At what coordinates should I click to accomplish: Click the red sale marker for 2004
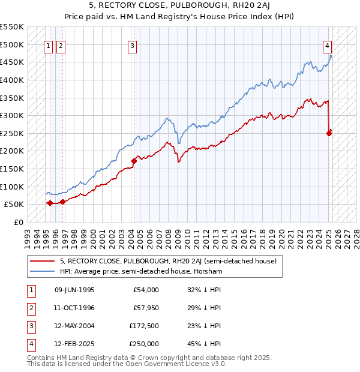point(134,160)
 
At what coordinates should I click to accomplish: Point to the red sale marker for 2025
point(329,133)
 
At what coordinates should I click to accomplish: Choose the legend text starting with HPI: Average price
point(141,272)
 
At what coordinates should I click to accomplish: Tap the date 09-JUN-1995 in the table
point(74,290)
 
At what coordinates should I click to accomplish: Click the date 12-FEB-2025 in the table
point(74,344)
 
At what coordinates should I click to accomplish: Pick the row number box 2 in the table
point(29,308)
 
